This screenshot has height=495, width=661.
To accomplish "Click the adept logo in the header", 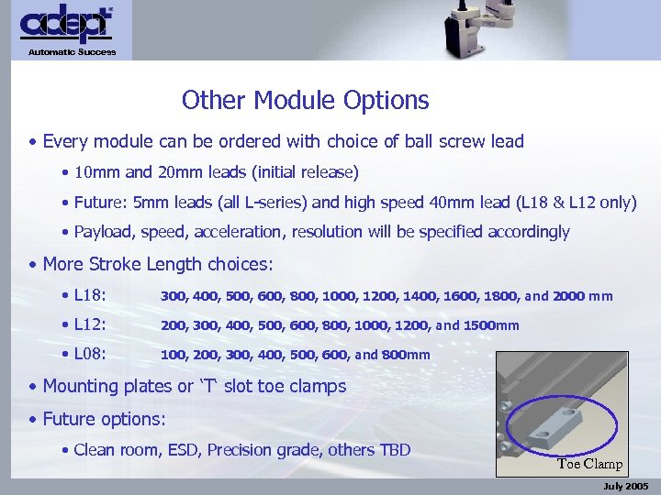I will click(67, 26).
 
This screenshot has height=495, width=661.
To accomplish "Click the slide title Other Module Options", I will click(305, 100).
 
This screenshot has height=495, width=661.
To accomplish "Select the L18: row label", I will click(91, 296).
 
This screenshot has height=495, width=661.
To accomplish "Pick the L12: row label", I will click(91, 325).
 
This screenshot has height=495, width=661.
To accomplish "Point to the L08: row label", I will click(91, 355).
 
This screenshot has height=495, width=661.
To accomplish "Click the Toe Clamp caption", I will click(589, 464).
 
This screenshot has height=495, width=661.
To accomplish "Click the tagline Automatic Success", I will click(72, 52).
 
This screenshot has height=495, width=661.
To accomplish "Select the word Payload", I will click(103, 232).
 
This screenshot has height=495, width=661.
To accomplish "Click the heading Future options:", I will click(105, 420).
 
